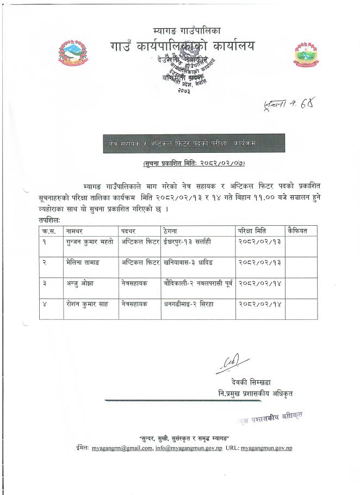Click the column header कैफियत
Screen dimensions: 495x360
[x=297, y=231]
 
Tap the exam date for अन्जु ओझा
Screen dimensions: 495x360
[x=258, y=283]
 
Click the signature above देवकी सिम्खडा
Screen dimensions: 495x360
[x=233, y=364]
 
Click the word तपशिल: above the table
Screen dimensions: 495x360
[x=50, y=221]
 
